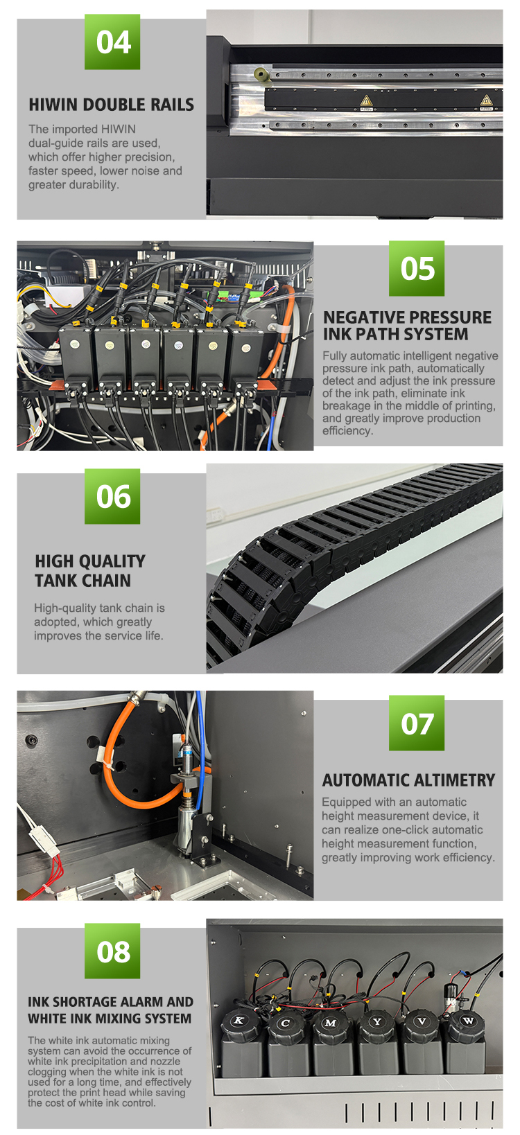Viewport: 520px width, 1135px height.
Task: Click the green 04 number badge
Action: point(112,42)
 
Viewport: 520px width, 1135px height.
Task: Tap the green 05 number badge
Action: point(417,268)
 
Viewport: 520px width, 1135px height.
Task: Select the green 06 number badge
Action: point(112,496)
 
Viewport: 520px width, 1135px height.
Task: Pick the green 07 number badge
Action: point(417,723)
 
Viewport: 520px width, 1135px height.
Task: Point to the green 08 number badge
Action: point(112,951)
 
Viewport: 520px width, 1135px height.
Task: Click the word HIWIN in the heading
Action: point(53,105)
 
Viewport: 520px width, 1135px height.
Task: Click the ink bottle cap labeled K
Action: point(239,1021)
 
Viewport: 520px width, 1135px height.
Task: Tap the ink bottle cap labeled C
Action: point(286,1023)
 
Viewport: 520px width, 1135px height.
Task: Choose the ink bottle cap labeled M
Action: point(331,1023)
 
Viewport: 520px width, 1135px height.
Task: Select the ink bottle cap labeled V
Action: point(422,1021)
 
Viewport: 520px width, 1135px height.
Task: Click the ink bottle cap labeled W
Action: point(467,1021)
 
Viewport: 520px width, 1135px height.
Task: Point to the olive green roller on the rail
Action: point(261,74)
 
